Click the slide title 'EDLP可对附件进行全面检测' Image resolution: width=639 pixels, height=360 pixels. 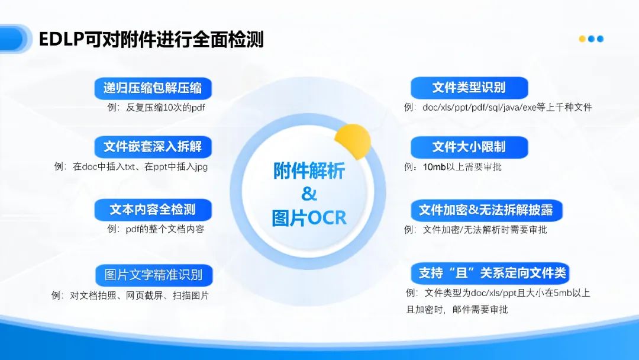151,40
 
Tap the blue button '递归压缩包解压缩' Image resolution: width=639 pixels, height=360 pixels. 153,88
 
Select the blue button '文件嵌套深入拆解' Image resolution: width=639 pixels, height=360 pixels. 153,147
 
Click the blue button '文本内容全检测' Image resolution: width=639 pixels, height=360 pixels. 153,209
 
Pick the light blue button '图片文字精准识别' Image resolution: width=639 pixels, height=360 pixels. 153,275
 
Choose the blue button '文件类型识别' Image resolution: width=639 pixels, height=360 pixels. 469,88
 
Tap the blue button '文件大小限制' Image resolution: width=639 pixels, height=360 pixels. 469,147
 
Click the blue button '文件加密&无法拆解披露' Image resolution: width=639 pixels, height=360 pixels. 486,210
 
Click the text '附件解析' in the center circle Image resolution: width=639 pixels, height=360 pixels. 309,171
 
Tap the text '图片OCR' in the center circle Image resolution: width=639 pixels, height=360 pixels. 309,217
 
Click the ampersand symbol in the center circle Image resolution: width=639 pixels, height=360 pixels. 309,194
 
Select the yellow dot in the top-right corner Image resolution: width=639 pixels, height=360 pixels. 582,39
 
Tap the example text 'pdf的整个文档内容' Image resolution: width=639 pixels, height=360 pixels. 155,229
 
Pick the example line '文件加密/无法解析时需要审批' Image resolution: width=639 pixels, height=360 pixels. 476,229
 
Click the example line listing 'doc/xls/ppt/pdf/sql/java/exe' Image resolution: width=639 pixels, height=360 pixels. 498,107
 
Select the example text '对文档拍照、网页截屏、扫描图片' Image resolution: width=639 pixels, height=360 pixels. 130,295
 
